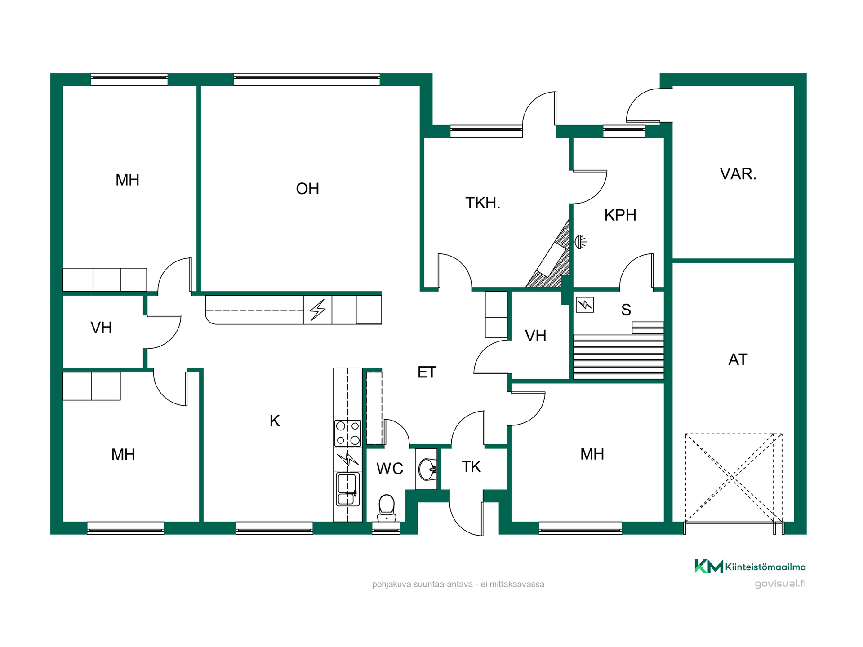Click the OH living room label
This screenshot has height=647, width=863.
pos(307,189)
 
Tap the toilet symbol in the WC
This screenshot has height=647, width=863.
pos(387,508)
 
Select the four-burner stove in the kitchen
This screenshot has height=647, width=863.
pos(348,433)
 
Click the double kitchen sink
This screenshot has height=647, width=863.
pos(348,489)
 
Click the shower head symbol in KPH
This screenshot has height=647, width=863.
pos(581,242)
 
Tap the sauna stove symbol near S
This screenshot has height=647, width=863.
pos(585,305)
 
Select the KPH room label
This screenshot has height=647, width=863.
pos(620,215)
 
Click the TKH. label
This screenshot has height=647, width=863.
pos(483,203)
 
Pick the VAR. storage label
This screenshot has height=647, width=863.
pos(738,174)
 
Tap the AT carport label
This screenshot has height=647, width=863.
pos(738,359)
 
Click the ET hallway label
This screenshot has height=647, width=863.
pos(427,372)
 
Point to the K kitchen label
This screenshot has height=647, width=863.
pos(275,421)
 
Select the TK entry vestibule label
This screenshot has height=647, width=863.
pos(471,467)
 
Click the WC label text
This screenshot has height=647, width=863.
pos(390,469)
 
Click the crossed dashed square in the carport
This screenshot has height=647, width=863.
pos(734,478)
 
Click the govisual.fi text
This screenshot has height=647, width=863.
pos(780,583)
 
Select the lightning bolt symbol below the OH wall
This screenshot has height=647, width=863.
pos(318,310)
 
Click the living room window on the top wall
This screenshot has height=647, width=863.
pos(307,80)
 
